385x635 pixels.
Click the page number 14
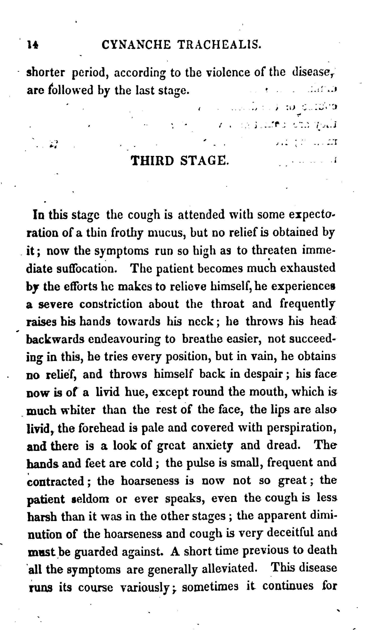(x=33, y=45)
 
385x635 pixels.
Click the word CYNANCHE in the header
(x=136, y=45)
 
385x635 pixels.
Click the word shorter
(x=46, y=73)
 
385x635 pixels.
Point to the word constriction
(x=111, y=304)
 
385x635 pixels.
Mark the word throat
(x=227, y=304)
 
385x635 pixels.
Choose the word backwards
(x=55, y=340)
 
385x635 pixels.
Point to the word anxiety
(x=213, y=446)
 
